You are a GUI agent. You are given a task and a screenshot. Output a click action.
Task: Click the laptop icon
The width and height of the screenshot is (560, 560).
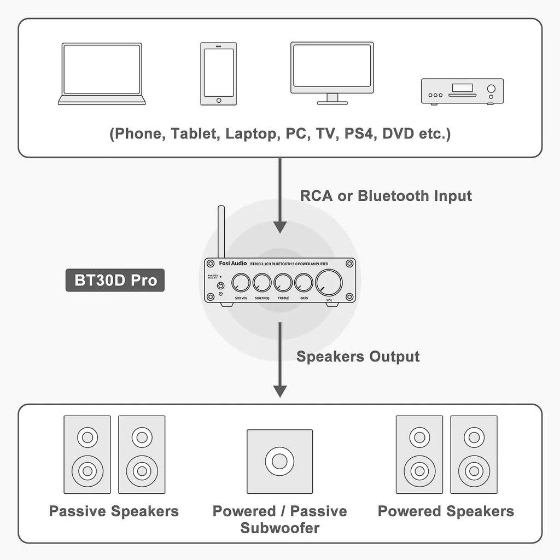(x=102, y=74)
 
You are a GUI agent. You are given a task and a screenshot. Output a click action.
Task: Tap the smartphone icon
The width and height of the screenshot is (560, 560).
(x=219, y=74)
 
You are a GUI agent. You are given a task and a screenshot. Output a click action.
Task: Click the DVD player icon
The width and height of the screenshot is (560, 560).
(x=462, y=91)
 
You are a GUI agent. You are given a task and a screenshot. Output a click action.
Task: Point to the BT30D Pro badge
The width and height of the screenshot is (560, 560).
(x=115, y=280)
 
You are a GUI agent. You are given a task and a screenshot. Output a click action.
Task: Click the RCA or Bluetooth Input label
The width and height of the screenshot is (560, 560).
(x=386, y=196)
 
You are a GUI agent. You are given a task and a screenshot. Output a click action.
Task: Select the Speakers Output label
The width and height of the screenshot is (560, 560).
(x=358, y=357)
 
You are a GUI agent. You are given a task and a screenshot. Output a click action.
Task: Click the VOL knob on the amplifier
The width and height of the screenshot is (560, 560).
(x=329, y=283)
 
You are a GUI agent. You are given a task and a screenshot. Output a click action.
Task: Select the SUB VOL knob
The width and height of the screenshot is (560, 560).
(x=241, y=283)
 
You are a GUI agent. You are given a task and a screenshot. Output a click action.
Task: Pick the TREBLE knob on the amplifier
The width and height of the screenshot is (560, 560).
(x=283, y=283)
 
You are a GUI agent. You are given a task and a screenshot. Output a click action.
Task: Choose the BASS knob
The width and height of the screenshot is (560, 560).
(x=304, y=283)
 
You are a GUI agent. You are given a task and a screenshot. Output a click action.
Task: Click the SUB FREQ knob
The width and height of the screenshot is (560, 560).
(x=262, y=283)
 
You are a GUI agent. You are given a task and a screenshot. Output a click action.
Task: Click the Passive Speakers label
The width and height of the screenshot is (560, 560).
(x=114, y=511)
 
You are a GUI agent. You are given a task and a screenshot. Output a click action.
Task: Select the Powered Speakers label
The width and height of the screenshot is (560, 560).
(x=446, y=511)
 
